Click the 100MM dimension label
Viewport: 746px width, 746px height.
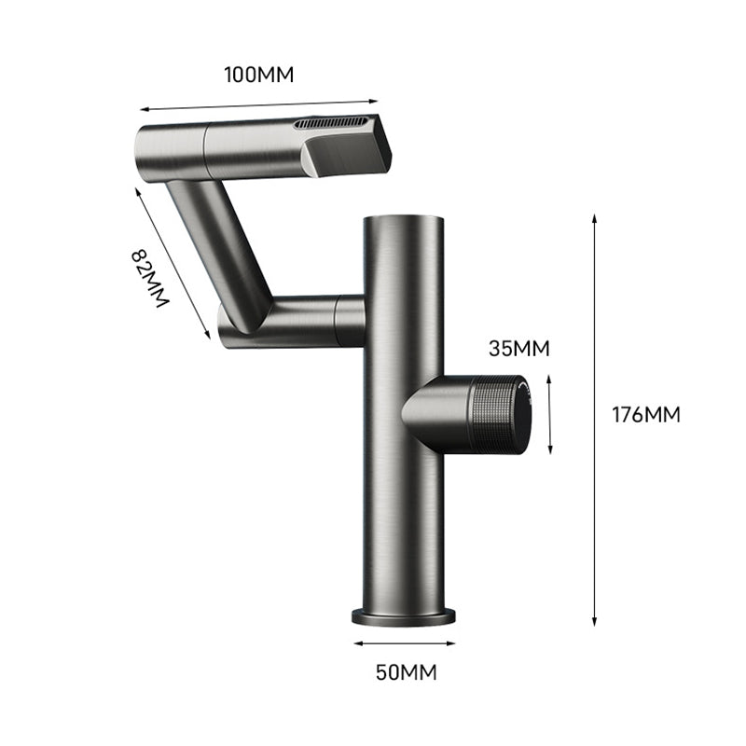pos(258,76)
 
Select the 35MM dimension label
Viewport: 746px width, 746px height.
pos(518,349)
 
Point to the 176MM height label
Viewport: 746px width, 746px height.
pos(646,414)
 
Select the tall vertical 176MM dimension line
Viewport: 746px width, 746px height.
pos(595,420)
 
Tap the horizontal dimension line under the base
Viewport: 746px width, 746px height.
pos(404,642)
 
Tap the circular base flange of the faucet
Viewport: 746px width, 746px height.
pos(404,615)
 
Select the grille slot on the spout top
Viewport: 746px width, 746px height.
pos(333,122)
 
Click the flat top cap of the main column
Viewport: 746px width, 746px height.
pos(403,220)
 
